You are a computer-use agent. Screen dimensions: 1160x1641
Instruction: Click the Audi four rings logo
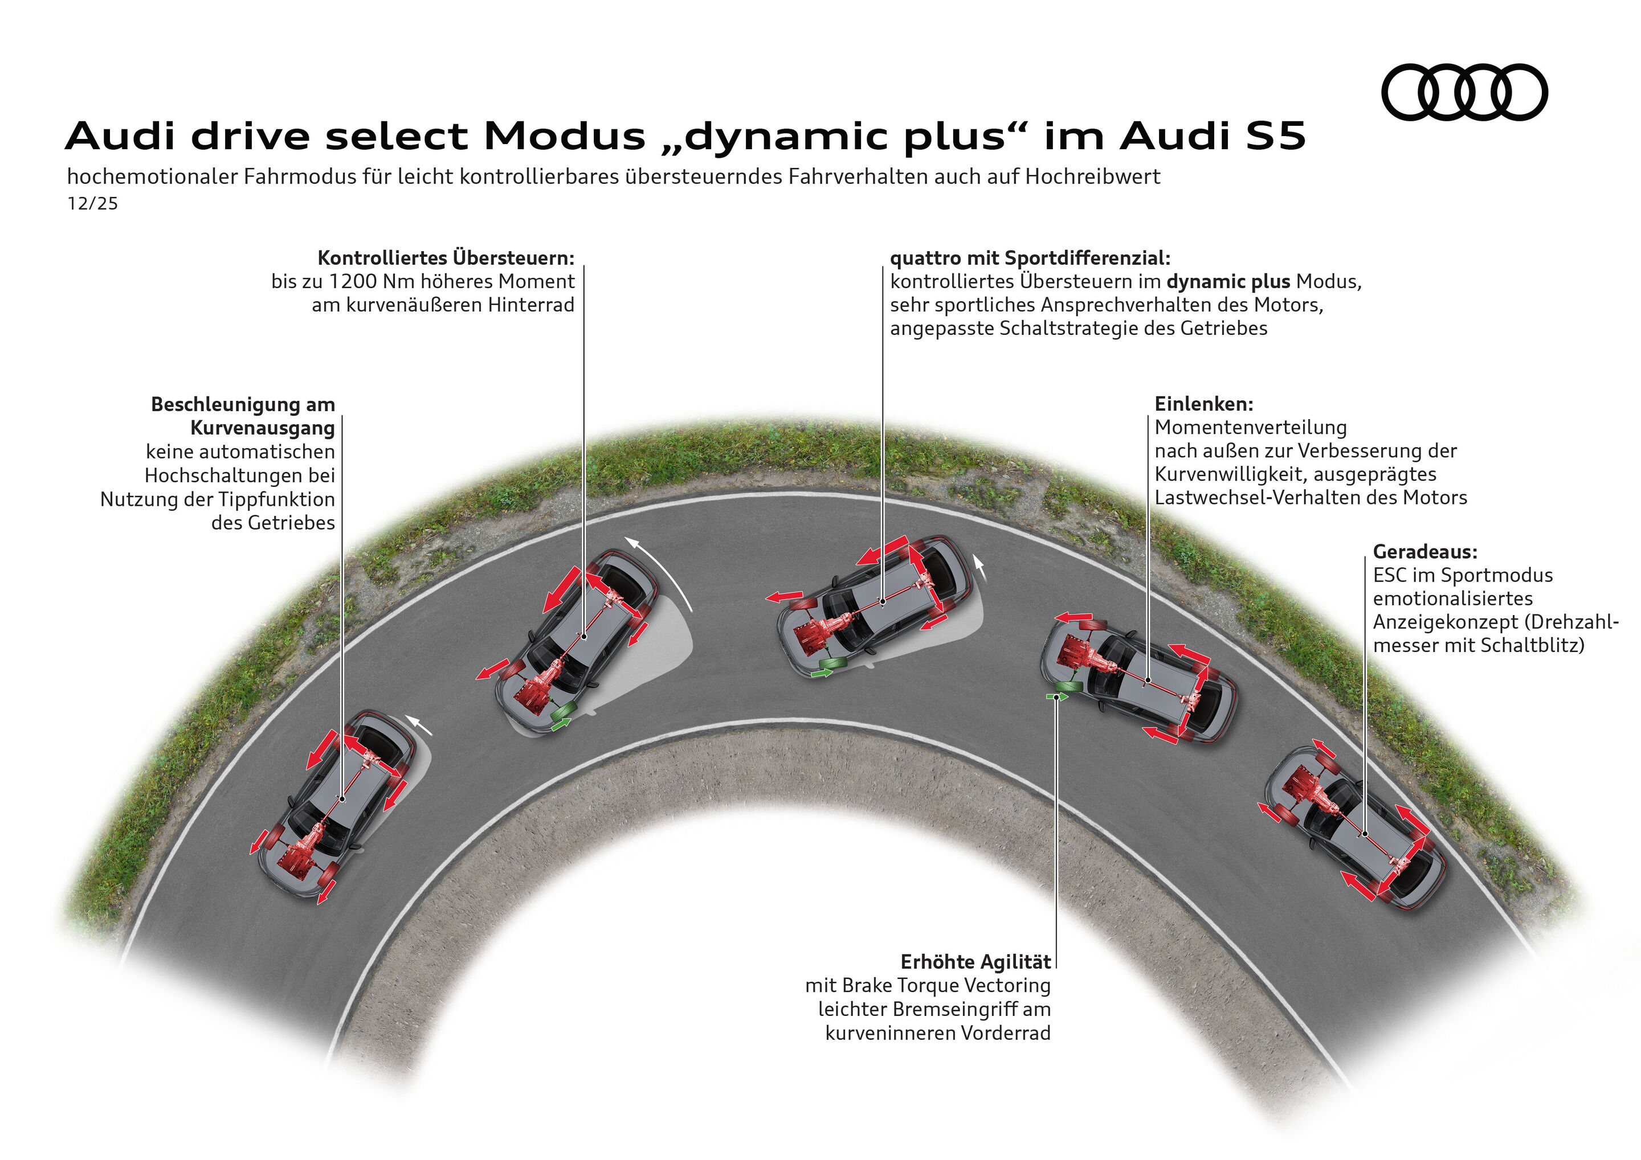tap(1464, 92)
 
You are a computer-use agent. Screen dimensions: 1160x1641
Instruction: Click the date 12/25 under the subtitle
tap(92, 203)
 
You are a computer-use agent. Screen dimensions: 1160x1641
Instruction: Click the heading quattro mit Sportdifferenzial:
tap(1030, 257)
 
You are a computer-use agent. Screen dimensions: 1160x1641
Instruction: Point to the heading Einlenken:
tap(1203, 404)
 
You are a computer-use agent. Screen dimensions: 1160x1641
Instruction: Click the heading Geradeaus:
tap(1424, 551)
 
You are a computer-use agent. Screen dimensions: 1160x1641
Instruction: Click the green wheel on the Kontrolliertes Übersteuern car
tap(564, 712)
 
